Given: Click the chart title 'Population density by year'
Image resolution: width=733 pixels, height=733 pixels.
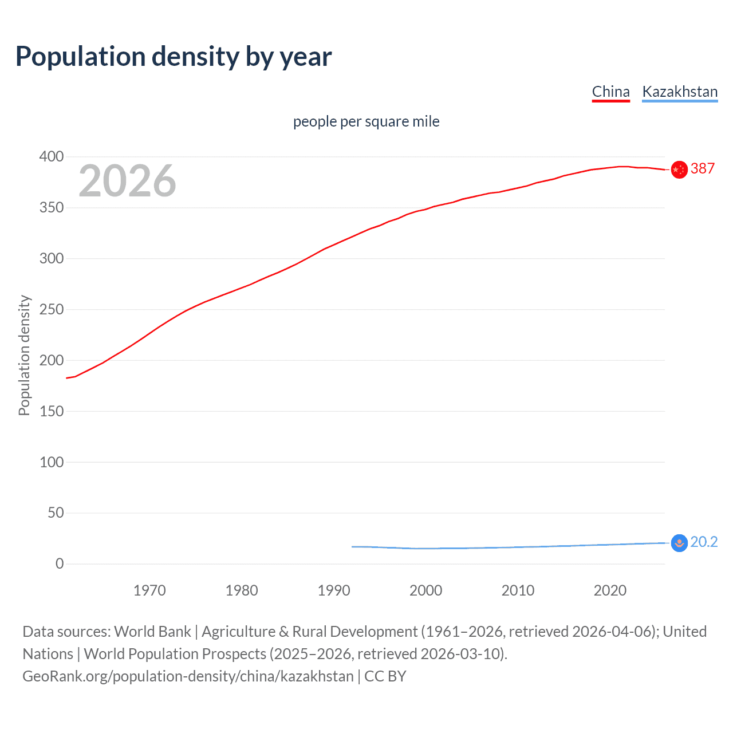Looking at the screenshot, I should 174,56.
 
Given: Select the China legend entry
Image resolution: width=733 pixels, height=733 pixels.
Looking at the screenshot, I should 610,92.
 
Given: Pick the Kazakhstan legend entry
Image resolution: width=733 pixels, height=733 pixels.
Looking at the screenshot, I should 680,92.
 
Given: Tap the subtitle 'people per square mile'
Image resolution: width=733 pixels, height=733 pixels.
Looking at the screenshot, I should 366,121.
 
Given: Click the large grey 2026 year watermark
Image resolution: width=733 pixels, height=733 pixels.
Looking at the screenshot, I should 127,181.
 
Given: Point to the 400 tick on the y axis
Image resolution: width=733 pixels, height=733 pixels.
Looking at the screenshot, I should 52,156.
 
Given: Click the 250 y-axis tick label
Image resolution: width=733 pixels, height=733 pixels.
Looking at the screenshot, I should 52,309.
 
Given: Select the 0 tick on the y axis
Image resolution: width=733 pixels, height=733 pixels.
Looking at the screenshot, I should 60,563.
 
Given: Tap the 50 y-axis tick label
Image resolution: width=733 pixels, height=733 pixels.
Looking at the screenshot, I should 56,513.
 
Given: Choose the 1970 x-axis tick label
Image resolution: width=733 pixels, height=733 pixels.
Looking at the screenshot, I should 149,590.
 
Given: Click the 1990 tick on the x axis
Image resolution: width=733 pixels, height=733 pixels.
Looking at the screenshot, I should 334,590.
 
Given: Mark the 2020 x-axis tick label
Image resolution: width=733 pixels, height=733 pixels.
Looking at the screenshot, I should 610,590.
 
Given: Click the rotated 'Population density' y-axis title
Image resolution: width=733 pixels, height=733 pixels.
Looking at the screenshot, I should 24,355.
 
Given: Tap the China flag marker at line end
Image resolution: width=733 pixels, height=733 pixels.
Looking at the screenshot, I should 679,170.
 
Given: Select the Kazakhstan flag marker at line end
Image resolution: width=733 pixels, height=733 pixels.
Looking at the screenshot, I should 679,543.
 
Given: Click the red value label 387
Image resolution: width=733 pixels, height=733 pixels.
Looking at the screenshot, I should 703,168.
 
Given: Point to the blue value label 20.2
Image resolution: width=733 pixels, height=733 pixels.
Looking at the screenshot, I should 704,542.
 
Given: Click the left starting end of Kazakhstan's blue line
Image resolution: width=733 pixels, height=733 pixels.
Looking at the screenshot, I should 353,546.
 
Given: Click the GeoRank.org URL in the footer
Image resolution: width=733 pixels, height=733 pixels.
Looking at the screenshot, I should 188,676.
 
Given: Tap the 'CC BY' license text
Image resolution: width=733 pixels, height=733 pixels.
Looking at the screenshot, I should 385,676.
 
